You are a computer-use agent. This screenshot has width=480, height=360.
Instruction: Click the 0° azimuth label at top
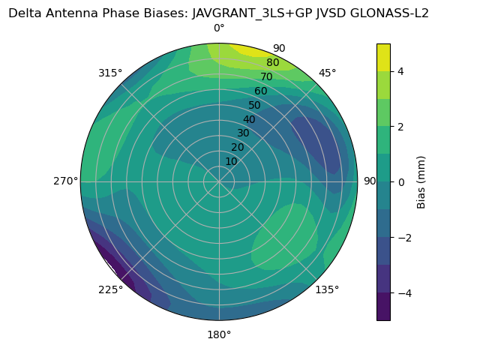point(219,28)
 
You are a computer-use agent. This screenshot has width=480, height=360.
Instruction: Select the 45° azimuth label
point(327,73)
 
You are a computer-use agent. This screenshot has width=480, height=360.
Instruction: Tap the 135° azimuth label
point(327,289)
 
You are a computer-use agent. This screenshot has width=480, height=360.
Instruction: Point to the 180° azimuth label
point(219,334)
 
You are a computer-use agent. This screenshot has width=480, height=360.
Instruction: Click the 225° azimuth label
point(110,289)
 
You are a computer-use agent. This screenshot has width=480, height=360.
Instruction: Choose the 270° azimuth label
point(65,181)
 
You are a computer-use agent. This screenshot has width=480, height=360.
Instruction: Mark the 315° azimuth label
point(110,73)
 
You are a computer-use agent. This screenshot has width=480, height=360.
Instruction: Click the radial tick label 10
point(231,161)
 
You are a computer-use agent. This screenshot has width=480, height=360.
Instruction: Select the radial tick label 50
point(254,105)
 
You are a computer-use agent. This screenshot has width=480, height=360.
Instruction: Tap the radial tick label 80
point(272,62)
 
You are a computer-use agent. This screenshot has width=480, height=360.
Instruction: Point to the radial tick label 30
point(243,133)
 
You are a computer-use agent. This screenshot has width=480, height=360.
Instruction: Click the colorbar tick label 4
point(401,71)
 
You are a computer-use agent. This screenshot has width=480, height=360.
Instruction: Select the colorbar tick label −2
point(404,238)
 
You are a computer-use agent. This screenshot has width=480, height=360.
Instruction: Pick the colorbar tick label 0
point(401,182)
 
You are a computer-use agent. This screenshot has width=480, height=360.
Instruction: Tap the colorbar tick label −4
point(404,293)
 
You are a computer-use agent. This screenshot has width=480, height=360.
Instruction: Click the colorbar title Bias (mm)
point(421,182)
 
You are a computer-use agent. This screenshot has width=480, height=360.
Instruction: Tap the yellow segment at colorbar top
point(383,57)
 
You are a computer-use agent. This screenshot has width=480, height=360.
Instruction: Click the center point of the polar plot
point(219,181)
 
